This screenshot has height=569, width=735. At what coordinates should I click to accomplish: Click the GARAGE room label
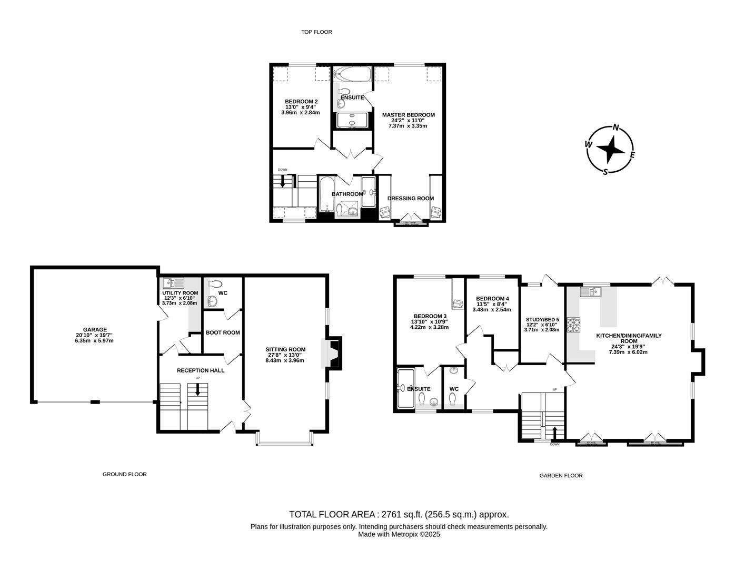click(94, 330)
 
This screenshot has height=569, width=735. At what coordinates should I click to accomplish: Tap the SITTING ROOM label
click(285, 349)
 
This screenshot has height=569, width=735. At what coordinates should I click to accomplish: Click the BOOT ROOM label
click(223, 332)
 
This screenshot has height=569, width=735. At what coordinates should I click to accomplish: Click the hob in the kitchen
click(573, 325)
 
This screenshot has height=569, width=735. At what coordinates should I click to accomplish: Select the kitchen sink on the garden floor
click(592, 291)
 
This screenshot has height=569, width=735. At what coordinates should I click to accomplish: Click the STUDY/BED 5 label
click(542, 319)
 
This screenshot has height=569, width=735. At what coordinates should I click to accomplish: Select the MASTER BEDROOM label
click(408, 115)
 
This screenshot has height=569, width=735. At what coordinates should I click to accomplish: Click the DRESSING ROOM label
click(411, 199)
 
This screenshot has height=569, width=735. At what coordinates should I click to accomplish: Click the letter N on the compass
click(615, 127)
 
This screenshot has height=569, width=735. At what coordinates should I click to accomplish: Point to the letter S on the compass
click(605, 171)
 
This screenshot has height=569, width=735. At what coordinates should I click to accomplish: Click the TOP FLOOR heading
click(316, 32)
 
